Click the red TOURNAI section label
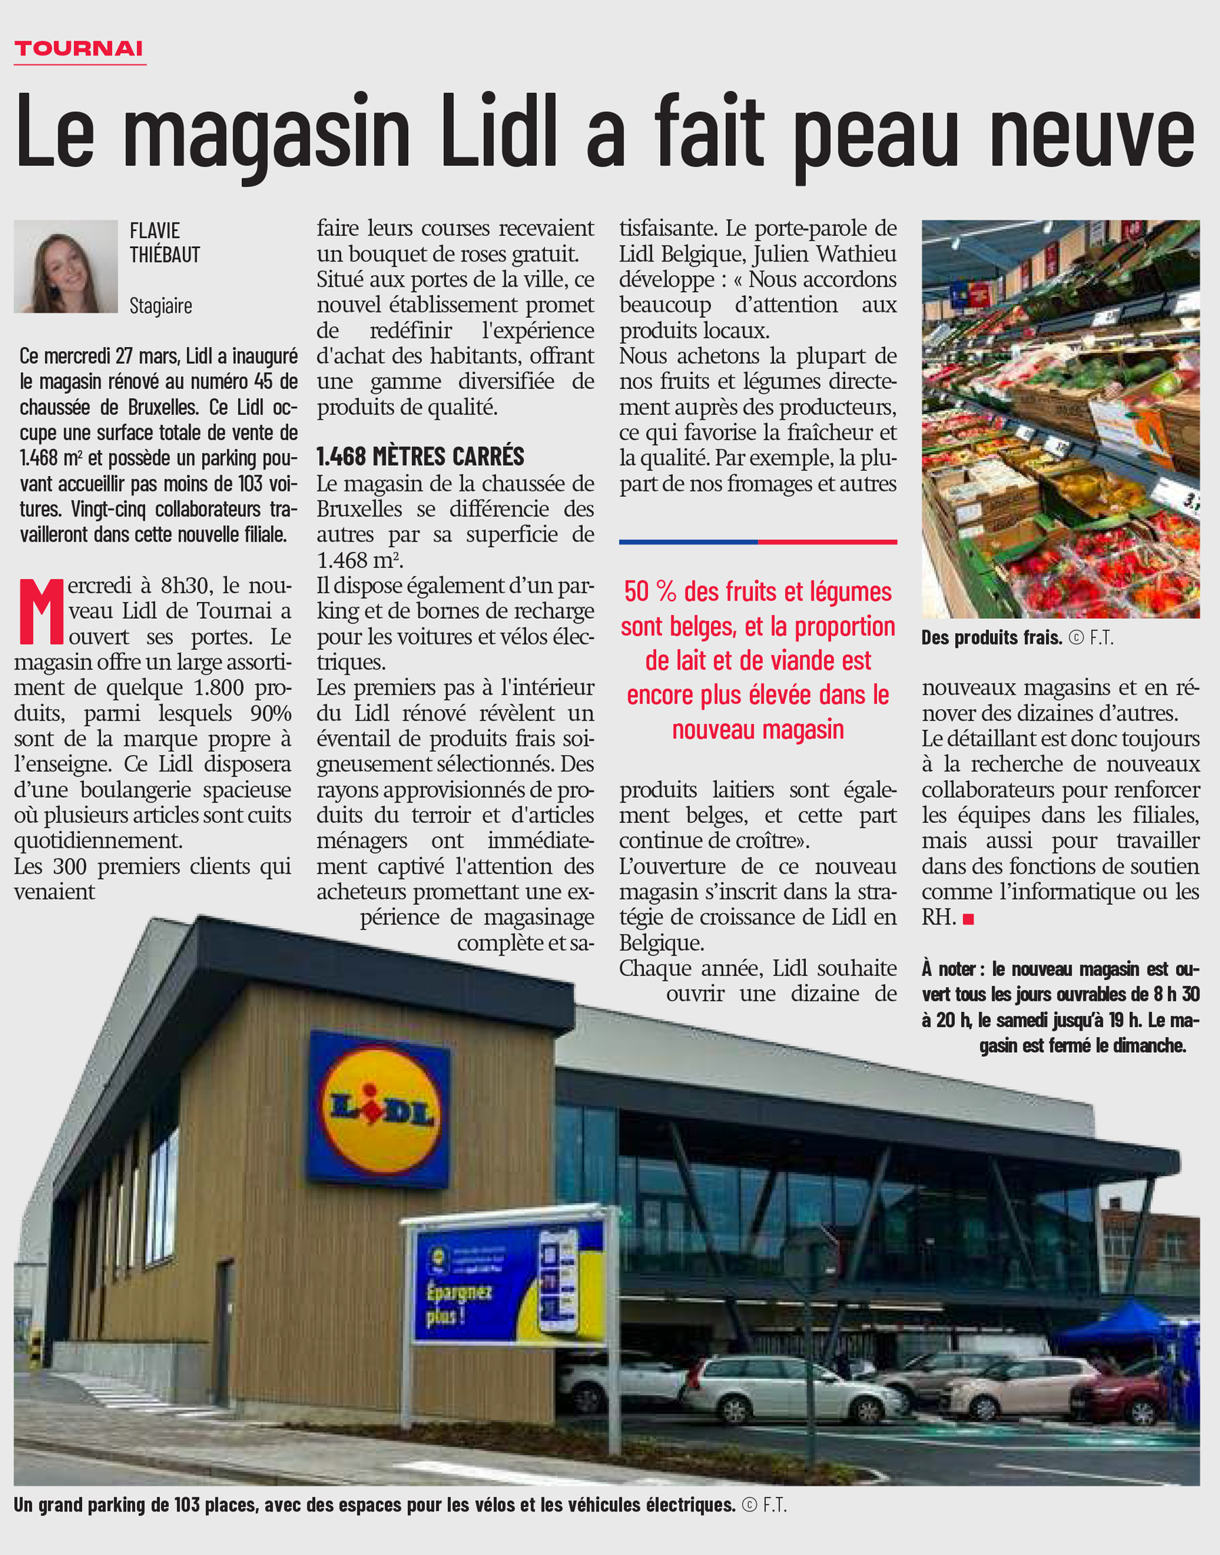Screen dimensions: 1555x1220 pos(79,49)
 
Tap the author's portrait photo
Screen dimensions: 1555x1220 pos(66,266)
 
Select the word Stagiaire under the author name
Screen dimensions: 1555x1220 pos(161,306)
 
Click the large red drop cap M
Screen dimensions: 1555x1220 pos(40,611)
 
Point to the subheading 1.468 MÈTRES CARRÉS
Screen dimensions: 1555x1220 pos(420,456)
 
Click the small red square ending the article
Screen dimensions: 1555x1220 pos(969,919)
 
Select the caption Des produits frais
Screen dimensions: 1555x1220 pos(992,637)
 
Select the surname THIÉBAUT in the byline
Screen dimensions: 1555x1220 pos(165,255)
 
